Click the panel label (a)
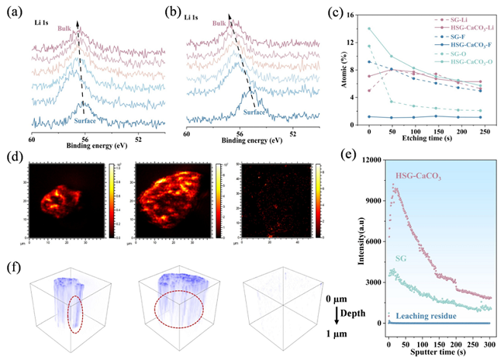point(16,11)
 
